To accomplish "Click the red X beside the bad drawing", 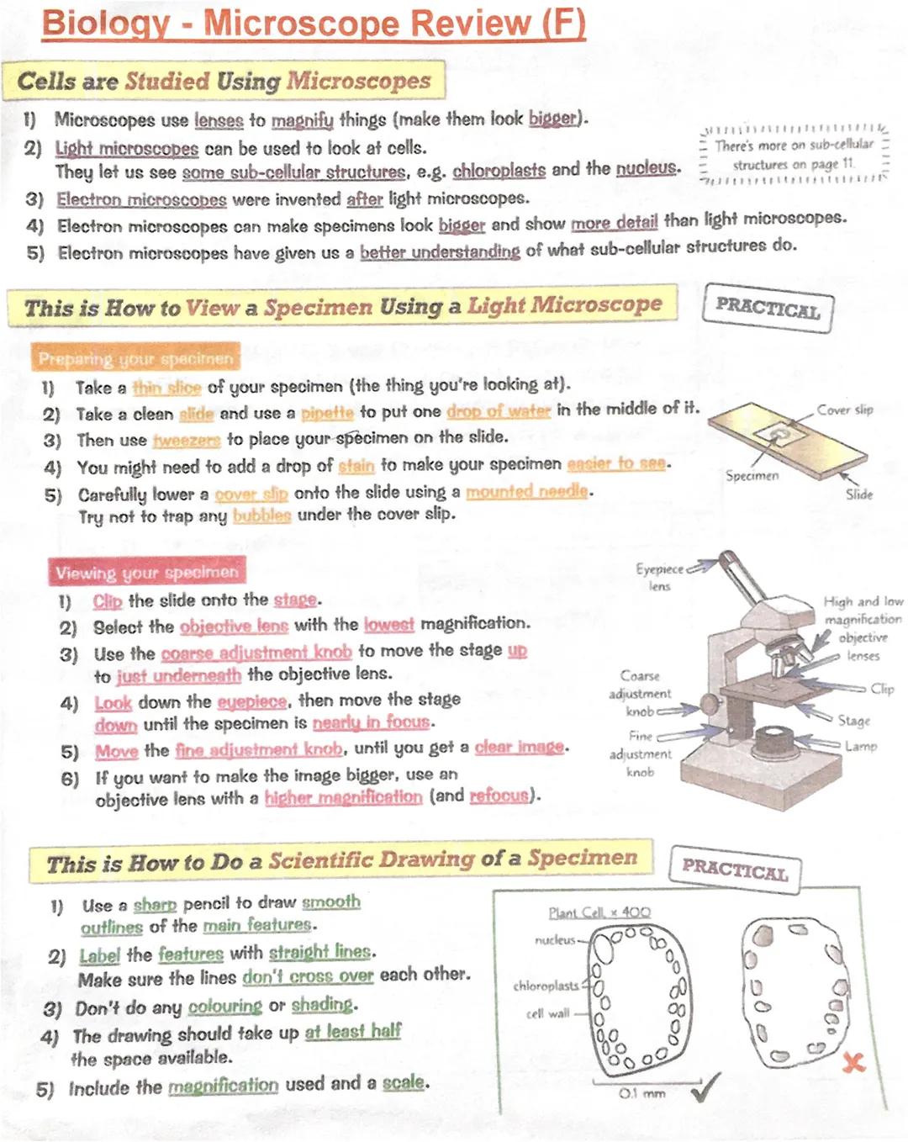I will pyautogui.click(x=853, y=1062).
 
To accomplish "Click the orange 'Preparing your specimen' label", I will pyautogui.click(x=135, y=359).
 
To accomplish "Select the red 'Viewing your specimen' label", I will pyautogui.click(x=147, y=573).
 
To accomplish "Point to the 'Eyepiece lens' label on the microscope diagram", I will pyautogui.click(x=660, y=577).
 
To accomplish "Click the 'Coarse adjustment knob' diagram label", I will pyautogui.click(x=640, y=693).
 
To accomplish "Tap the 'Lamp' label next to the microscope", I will pyautogui.click(x=861, y=746).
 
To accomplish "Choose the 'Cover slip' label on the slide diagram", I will pyautogui.click(x=845, y=410).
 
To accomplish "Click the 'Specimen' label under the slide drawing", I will pyautogui.click(x=752, y=476).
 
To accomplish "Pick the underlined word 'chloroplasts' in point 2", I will pyautogui.click(x=499, y=171).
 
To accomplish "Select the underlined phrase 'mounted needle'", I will pyautogui.click(x=526, y=491).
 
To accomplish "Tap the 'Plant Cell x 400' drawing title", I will pyautogui.click(x=599, y=912).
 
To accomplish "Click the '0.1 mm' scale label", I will pyautogui.click(x=641, y=1094).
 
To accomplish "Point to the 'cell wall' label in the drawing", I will pyautogui.click(x=547, y=1014).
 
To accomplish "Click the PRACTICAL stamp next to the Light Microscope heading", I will pyautogui.click(x=767, y=309).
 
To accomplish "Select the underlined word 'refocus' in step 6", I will pyautogui.click(x=499, y=796).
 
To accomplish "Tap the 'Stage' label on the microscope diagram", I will pyautogui.click(x=853, y=721).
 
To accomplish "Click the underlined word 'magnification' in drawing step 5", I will pyautogui.click(x=223, y=1086).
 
